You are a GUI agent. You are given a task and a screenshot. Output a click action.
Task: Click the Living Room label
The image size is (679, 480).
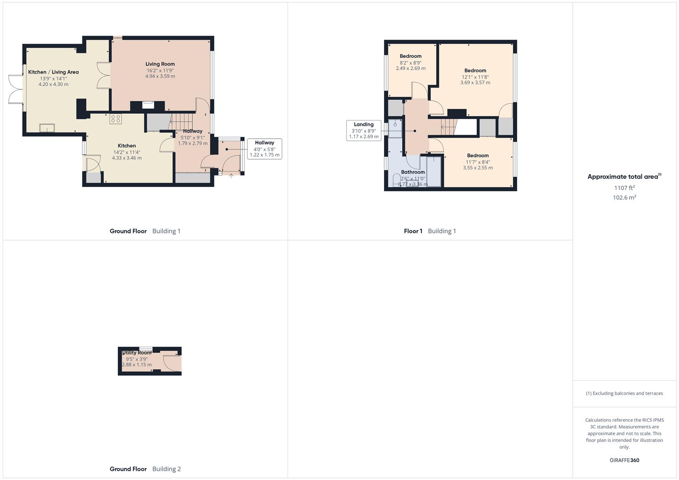click(160, 64)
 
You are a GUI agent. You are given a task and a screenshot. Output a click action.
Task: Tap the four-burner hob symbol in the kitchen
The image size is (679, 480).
click(116, 119)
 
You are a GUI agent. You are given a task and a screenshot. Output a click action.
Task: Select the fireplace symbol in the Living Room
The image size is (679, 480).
click(148, 105)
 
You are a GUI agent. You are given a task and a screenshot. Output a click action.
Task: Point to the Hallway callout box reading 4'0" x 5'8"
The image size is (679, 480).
click(265, 149)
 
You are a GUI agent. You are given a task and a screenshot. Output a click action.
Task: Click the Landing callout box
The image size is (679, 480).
click(364, 131)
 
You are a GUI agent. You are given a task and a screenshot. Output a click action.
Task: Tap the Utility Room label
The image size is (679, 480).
click(137, 353)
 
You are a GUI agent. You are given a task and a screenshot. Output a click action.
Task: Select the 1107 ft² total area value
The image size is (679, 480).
click(624, 188)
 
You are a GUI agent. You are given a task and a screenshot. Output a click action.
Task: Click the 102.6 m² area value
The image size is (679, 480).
click(624, 197)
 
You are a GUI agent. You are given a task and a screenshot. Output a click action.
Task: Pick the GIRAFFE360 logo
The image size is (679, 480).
click(624, 460)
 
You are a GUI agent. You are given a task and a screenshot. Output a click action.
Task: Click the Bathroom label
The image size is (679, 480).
click(413, 172)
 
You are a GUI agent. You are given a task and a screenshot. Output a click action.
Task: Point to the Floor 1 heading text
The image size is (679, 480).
click(413, 231)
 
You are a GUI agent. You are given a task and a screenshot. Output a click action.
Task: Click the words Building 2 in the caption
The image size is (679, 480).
click(166, 469)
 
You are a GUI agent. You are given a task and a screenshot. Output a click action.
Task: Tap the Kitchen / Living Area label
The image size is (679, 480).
click(53, 72)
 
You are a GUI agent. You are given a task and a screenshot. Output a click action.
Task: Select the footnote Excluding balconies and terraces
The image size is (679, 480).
click(624, 393)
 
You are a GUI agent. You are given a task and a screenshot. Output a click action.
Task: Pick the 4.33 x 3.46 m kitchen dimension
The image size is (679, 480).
click(127, 158)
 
